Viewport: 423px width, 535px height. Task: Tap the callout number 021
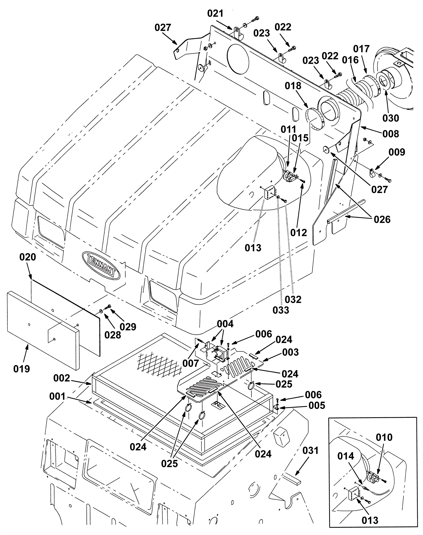215,13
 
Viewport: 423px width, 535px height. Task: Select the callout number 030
391,118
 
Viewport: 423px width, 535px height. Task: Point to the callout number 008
391,134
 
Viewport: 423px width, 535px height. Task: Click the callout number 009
397,152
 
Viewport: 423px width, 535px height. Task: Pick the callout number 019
22,369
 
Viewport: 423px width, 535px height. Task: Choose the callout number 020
28,257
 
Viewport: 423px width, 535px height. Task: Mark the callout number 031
310,450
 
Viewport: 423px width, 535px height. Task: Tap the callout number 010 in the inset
384,437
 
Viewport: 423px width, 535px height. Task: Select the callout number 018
293,86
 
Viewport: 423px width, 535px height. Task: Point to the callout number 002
62,378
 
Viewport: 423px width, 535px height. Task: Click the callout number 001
57,396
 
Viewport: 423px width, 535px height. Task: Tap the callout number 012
298,233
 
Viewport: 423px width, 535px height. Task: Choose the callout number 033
281,310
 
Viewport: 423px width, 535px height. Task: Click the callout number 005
317,405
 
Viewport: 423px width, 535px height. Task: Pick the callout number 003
290,352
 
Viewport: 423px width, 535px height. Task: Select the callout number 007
191,363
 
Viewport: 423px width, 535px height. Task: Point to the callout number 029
128,327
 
